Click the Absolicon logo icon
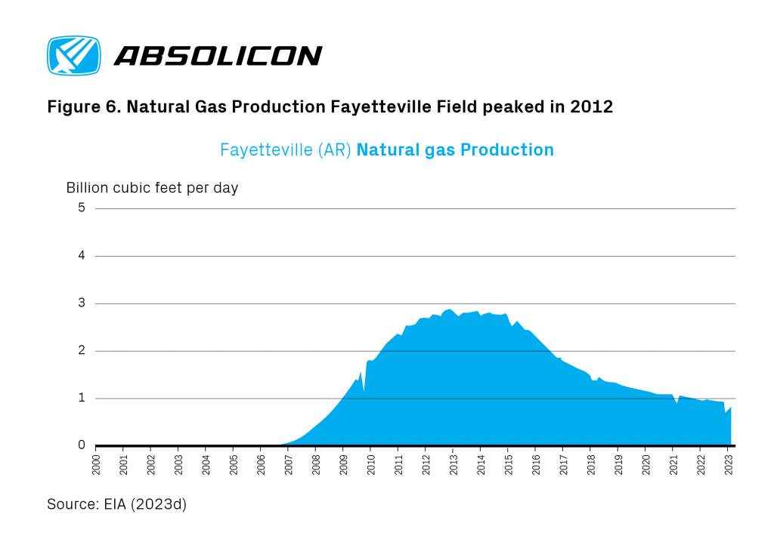tap(74, 55)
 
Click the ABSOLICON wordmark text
tap(218, 56)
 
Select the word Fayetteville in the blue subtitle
tap(266, 149)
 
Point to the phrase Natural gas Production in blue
tap(455, 149)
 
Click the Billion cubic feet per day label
tap(152, 188)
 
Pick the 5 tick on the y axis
tap(82, 208)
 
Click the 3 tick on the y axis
tap(82, 303)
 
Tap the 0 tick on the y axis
tap(82, 445)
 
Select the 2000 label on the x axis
tap(96, 465)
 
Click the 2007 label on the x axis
tap(289, 465)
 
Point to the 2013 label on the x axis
tap(454, 465)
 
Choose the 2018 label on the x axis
tap(591, 465)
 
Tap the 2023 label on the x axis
tap(729, 465)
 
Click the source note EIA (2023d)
tap(145, 504)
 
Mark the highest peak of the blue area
tap(449, 309)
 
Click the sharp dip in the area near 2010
tap(364, 391)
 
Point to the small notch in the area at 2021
tap(676, 403)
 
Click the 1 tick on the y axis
tap(82, 398)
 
